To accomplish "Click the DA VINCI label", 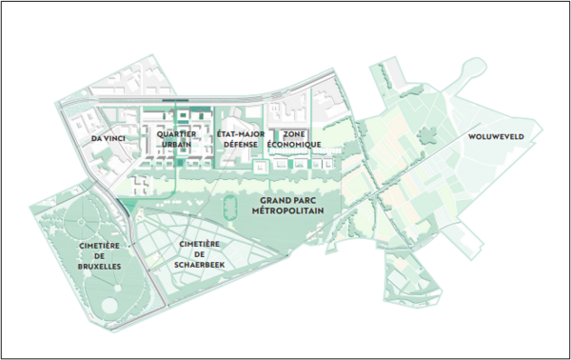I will click(x=109, y=139).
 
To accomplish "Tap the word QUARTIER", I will click(x=178, y=134).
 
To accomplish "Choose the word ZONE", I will click(x=293, y=134).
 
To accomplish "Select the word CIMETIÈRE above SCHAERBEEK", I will click(x=200, y=244).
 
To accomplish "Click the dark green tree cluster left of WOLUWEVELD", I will click(x=431, y=134).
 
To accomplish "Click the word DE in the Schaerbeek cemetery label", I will click(x=200, y=254).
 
